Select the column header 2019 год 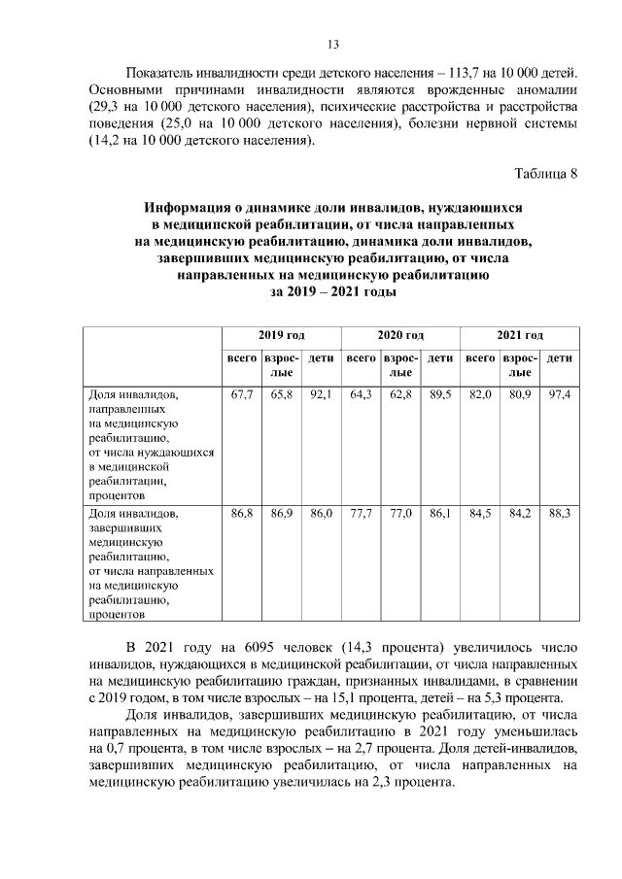tap(281, 335)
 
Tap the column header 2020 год tap(400, 335)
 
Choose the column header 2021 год tap(520, 335)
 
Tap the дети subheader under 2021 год tap(559, 359)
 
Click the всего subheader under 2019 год tap(241, 359)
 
